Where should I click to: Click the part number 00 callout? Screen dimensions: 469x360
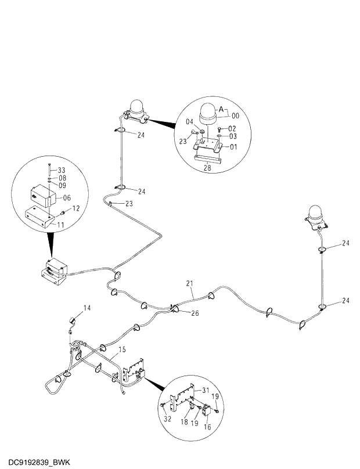[236, 116]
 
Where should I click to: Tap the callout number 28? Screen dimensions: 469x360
[207, 168]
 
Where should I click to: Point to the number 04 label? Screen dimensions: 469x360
[190, 122]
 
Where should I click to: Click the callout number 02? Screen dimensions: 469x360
[232, 128]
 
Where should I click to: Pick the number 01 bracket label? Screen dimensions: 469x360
[234, 147]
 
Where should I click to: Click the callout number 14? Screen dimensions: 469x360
[87, 308]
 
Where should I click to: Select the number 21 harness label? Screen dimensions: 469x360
[189, 283]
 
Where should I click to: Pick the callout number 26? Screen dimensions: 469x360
[195, 313]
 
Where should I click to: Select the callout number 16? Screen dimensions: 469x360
[208, 426]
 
